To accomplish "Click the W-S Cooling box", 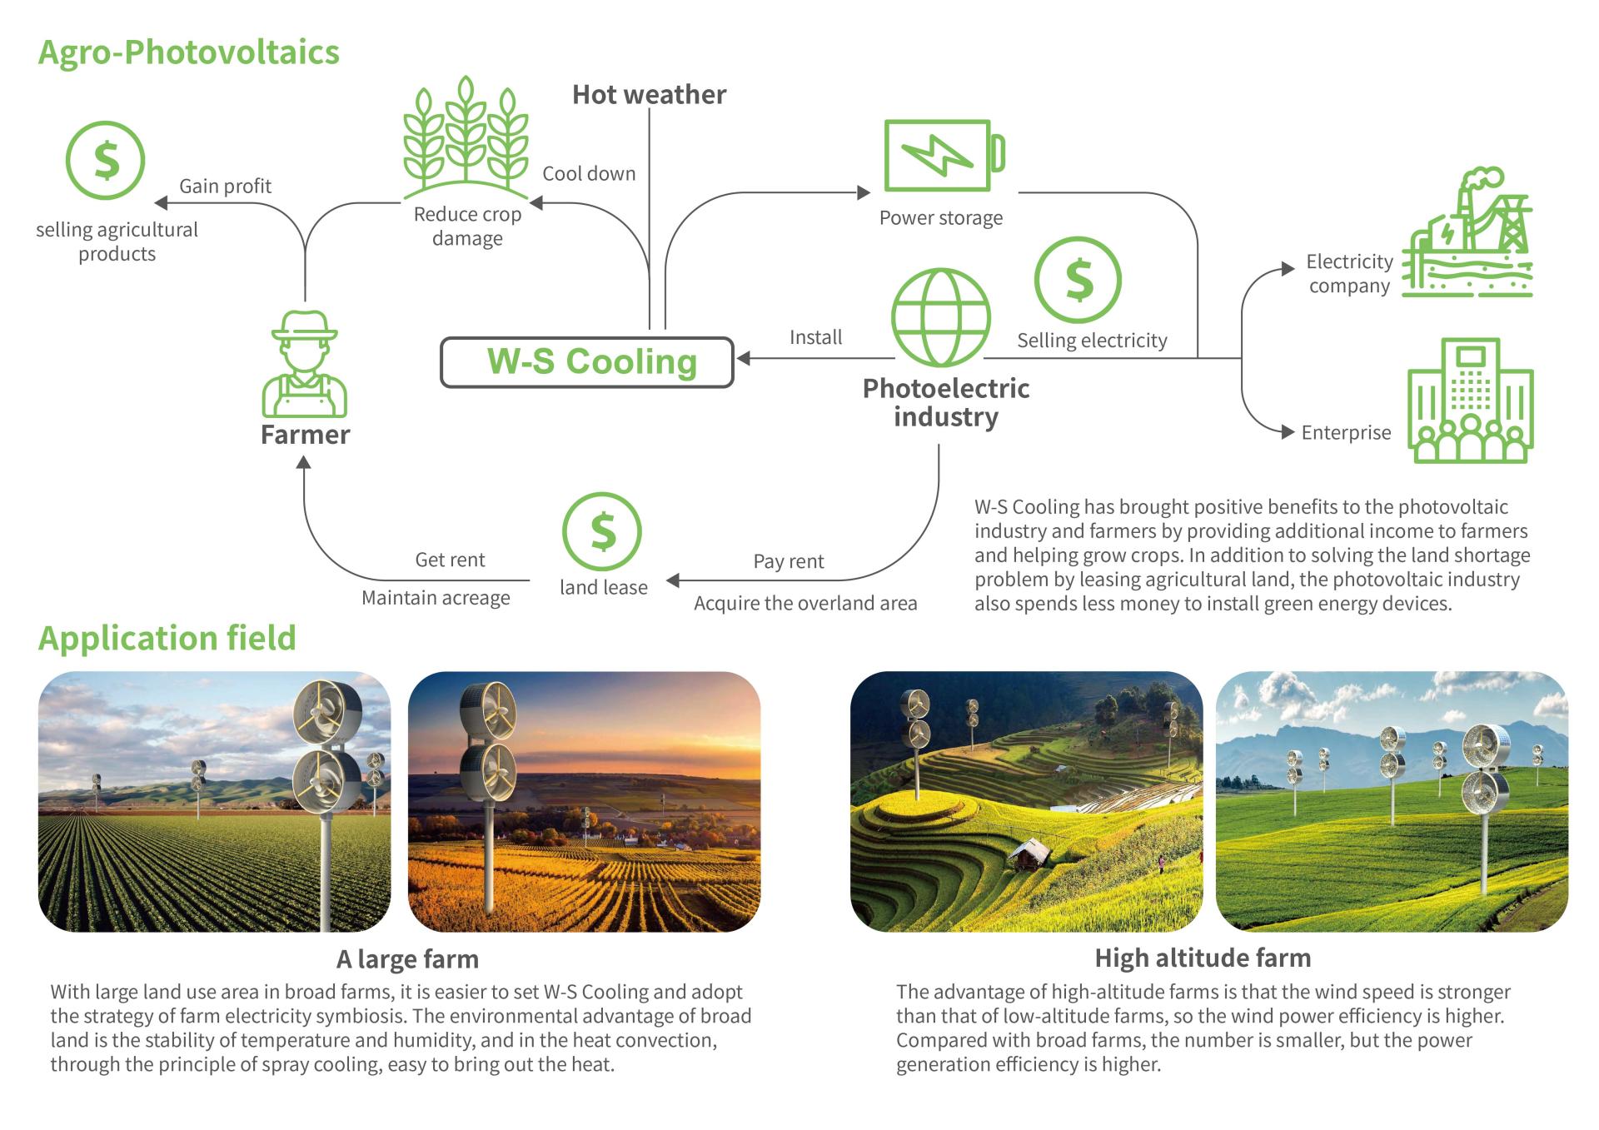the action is [586, 362].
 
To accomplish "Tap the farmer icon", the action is [305, 364].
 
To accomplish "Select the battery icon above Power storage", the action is [944, 156].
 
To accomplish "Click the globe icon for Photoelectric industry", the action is [941, 317].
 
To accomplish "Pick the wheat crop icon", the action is [466, 137].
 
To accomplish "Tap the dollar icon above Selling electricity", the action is [1078, 280].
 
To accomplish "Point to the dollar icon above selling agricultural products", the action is [106, 160].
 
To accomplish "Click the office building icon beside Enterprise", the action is [1471, 401].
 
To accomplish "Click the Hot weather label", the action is [649, 95].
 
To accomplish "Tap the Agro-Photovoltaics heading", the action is [189, 52].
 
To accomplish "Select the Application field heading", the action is [167, 638].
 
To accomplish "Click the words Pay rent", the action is [789, 561].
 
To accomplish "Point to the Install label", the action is [815, 337].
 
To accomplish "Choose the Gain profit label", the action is [226, 186].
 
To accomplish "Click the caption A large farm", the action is [407, 959].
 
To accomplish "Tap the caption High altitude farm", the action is [1203, 958].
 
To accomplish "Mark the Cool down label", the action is [589, 173].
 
